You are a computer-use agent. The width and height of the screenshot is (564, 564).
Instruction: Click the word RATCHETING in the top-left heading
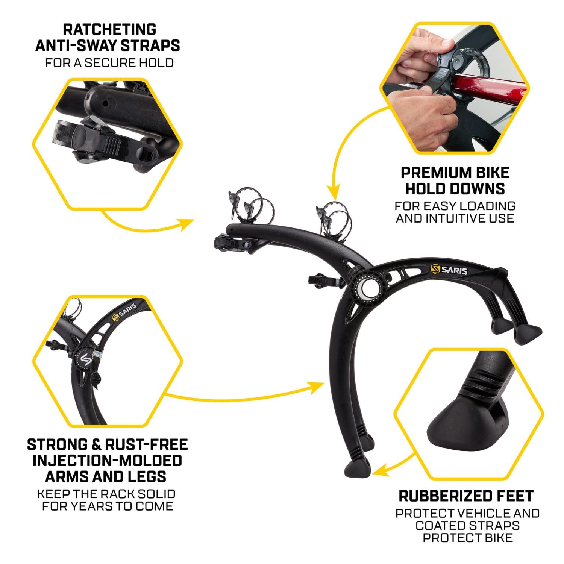click(x=109, y=29)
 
